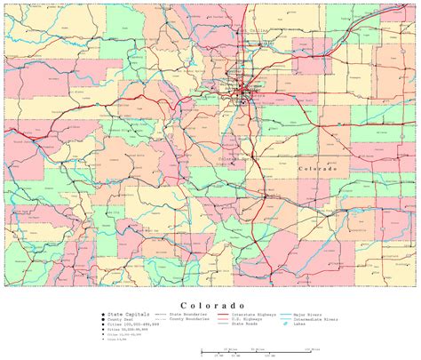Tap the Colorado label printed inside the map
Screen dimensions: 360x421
(317, 168)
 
